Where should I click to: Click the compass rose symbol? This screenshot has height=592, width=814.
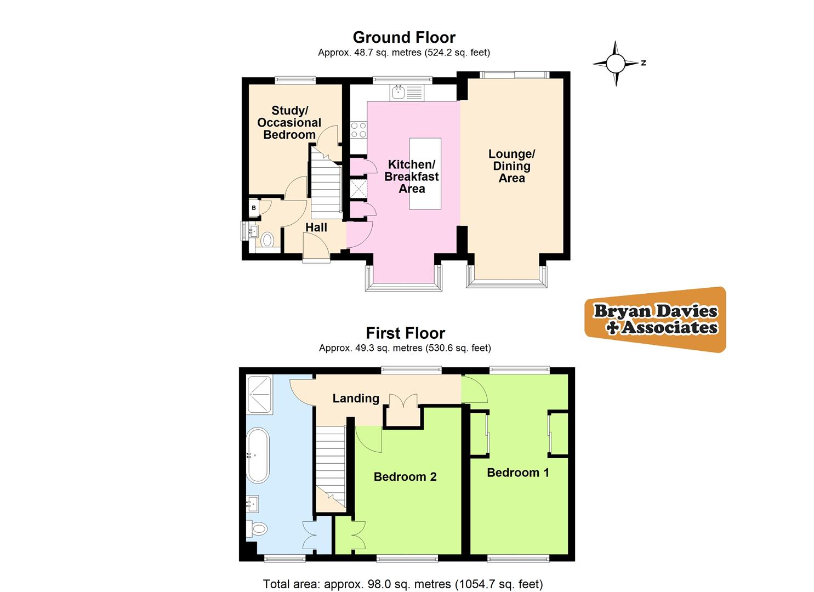tap(616, 64)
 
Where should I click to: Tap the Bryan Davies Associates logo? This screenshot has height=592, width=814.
tap(656, 319)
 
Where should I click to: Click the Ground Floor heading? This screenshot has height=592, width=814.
tap(404, 37)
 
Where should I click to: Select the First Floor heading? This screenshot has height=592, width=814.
tap(405, 333)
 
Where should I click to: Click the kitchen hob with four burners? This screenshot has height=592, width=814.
tap(358, 130)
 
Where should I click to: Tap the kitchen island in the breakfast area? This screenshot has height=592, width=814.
tap(425, 173)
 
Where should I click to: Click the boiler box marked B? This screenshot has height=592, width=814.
tap(254, 208)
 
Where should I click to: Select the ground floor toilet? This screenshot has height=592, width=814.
tap(267, 240)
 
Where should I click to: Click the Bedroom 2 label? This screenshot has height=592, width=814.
tap(405, 477)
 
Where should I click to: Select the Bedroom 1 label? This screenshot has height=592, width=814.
tap(518, 473)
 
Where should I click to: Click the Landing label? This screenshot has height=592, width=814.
tap(356, 399)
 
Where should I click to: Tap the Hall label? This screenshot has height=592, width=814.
tap(316, 227)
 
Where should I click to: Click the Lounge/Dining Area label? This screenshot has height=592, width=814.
tap(511, 166)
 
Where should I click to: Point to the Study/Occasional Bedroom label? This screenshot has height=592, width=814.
tap(289, 123)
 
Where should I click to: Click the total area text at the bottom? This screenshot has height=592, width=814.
tap(403, 584)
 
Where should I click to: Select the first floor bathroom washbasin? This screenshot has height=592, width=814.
tap(253, 502)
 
